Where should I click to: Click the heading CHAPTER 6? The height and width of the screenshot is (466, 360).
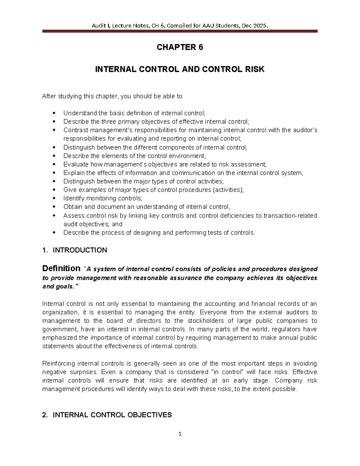pyautogui.click(x=180, y=47)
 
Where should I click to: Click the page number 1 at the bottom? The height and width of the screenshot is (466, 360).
pyautogui.click(x=180, y=434)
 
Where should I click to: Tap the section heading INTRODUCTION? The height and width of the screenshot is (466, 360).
pyautogui.click(x=80, y=250)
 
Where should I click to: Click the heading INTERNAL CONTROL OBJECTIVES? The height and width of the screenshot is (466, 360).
pyautogui.click(x=112, y=415)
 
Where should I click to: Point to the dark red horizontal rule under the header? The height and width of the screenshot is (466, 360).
pyautogui.click(x=180, y=31)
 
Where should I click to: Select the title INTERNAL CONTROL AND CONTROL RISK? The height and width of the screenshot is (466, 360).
pyautogui.click(x=180, y=70)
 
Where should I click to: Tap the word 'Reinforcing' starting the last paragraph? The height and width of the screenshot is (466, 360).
pyautogui.click(x=58, y=364)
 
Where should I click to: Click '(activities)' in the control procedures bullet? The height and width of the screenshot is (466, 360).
pyautogui.click(x=228, y=190)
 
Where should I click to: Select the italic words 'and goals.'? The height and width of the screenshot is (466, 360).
pyautogui.click(x=58, y=286)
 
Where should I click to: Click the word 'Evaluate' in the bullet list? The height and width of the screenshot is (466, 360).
pyautogui.click(x=76, y=164)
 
